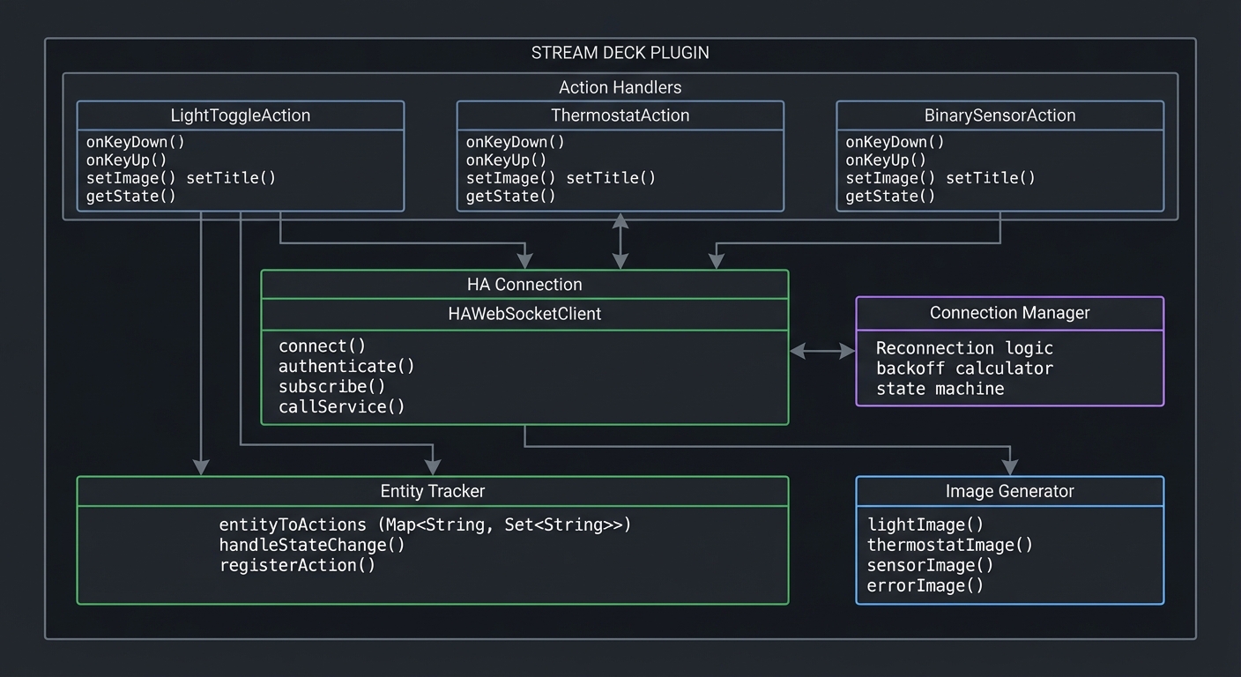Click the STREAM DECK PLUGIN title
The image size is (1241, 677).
(x=620, y=53)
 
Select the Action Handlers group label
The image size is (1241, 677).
(x=620, y=87)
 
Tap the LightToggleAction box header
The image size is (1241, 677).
(x=240, y=115)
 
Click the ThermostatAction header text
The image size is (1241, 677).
(x=620, y=115)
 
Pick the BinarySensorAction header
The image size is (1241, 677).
(x=999, y=115)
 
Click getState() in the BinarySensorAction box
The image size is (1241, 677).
(x=890, y=196)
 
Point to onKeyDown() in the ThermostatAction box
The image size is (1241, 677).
(x=515, y=142)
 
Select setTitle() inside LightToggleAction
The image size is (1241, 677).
(x=231, y=178)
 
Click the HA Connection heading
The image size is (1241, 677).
(x=524, y=285)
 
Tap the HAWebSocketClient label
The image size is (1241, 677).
(x=524, y=314)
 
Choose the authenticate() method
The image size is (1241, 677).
(x=346, y=366)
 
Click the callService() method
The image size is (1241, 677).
(x=341, y=406)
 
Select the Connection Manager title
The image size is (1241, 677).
(x=1009, y=313)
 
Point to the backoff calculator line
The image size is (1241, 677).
(x=964, y=368)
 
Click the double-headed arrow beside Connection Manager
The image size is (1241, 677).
(x=821, y=351)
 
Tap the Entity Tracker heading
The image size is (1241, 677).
(x=432, y=491)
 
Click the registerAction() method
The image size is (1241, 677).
(x=297, y=565)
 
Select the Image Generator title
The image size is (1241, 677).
(x=1009, y=491)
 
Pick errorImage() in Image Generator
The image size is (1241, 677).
(x=925, y=585)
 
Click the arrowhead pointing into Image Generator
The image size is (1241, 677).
(x=1010, y=467)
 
